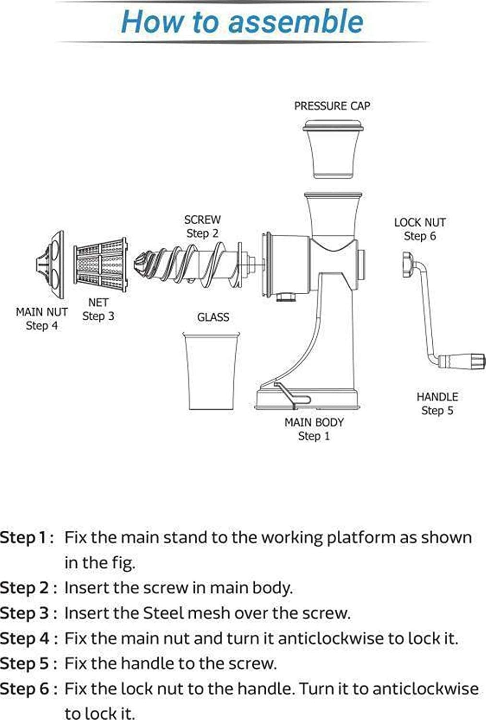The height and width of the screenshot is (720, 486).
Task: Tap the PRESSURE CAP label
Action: (x=332, y=106)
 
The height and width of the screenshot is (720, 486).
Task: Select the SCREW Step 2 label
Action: (x=202, y=227)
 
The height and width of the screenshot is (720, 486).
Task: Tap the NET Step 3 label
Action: (x=98, y=310)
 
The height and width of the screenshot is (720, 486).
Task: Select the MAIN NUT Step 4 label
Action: (x=42, y=319)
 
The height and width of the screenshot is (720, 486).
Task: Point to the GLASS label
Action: (x=213, y=317)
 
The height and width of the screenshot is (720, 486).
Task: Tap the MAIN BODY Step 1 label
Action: (x=314, y=429)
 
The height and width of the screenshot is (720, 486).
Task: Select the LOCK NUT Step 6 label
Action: (x=420, y=229)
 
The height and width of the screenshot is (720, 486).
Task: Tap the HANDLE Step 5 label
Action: (x=437, y=404)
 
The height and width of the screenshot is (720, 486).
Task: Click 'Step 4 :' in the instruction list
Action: (x=28, y=638)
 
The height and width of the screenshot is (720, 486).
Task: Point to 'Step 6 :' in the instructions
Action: (x=28, y=689)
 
